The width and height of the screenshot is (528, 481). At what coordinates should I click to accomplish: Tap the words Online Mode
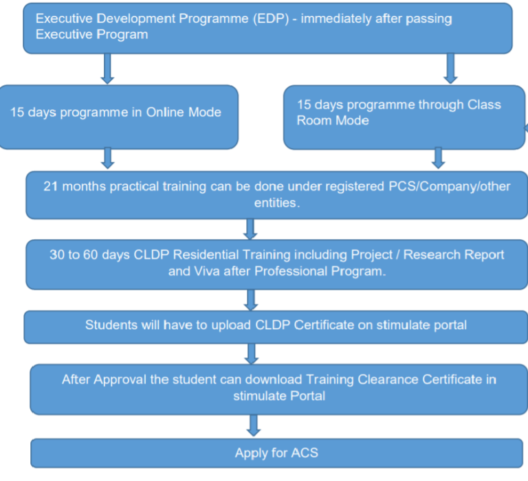pos(184,112)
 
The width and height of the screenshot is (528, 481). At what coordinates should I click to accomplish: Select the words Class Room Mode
pos(399,113)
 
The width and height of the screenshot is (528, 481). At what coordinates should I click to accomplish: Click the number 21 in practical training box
pos(52,187)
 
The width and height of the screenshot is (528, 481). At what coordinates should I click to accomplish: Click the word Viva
pos(196,271)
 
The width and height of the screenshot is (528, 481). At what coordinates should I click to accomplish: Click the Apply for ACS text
pos(276,453)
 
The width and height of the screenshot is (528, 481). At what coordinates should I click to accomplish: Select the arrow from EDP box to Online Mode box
pos(107,68)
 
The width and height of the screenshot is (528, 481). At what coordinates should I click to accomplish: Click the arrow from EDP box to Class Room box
pos(450,68)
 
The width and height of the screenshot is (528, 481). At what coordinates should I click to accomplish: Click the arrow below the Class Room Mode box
pos(437,158)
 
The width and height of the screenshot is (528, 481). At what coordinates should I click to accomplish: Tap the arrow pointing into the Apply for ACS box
pos(254,425)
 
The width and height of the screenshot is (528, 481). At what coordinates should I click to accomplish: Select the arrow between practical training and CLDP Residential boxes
pos(251,228)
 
